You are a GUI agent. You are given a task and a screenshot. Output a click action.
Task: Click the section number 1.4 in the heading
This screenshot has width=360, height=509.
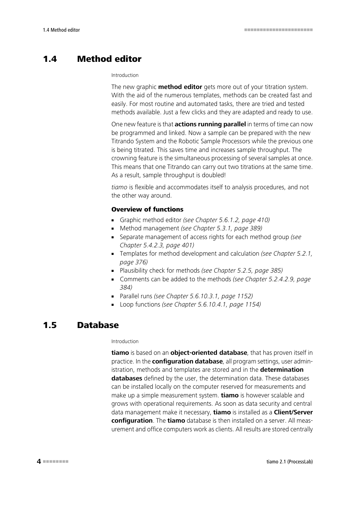[50, 59]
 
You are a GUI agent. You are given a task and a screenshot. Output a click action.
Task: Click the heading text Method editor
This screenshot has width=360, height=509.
[109, 59]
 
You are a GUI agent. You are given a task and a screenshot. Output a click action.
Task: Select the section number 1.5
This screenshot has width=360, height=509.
[50, 325]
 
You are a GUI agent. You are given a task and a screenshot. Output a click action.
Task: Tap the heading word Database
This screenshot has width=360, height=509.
[98, 325]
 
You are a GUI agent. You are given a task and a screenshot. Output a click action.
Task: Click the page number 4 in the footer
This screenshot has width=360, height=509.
[39, 461]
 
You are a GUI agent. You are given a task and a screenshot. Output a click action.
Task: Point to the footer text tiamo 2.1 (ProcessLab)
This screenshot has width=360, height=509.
[289, 461]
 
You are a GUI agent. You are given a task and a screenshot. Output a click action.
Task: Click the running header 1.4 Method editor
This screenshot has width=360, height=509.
[62, 30]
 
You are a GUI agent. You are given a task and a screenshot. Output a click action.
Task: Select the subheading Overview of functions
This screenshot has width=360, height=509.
[147, 210]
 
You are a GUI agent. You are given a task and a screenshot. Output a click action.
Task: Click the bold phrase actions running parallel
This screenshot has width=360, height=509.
[210, 124]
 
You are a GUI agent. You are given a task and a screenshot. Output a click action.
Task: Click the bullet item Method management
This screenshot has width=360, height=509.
[149, 228]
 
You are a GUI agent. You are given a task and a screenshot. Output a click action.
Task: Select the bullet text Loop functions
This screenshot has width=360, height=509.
[140, 305]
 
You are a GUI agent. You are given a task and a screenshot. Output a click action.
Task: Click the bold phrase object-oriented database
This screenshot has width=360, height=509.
[209, 353]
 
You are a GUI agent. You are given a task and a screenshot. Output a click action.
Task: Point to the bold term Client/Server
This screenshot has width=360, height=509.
[293, 412]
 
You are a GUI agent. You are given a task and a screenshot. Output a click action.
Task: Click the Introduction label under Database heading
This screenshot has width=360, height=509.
[125, 342]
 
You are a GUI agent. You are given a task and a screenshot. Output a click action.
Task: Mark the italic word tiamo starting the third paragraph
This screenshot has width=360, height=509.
[119, 187]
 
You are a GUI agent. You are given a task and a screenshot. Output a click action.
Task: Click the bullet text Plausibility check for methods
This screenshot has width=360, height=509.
[160, 271]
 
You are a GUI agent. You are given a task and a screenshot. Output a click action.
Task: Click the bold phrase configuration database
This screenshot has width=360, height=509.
[187, 362]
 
